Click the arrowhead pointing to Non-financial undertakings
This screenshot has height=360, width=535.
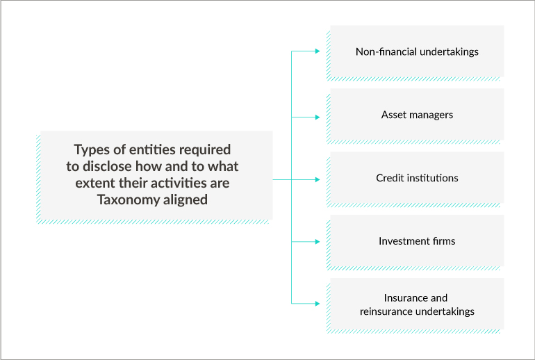318,51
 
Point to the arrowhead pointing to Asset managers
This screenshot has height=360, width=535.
318,117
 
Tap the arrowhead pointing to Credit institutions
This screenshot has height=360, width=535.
318,179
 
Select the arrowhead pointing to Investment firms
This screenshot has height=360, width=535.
318,242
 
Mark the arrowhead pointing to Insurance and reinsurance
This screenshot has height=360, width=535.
318,303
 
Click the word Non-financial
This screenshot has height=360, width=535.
386,51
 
